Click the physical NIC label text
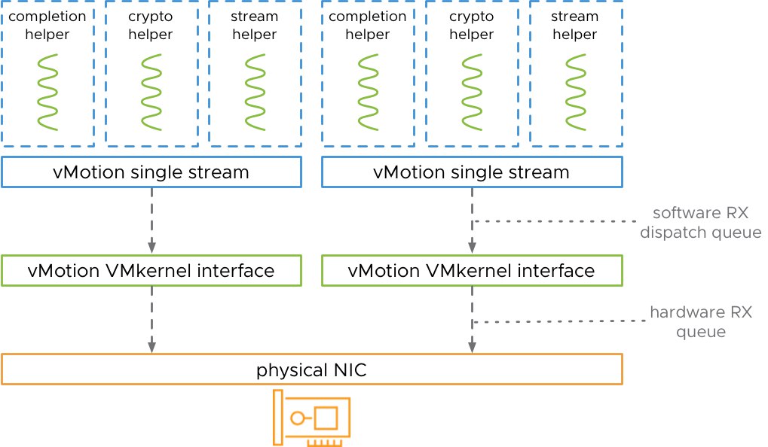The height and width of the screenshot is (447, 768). coord(311,370)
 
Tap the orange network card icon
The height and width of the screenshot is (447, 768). coord(311,418)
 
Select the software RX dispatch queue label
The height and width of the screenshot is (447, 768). coord(700,223)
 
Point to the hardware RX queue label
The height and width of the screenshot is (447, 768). coord(701,322)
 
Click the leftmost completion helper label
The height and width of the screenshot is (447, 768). coord(47,26)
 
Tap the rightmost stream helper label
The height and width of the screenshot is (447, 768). coord(575,26)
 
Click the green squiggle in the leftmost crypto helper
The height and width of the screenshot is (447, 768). coord(151,92)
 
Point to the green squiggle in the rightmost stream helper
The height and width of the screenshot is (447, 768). coord(576,92)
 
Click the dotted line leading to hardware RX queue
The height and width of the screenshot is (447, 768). coord(559,322)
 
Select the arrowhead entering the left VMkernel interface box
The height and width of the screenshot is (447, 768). coord(151,247)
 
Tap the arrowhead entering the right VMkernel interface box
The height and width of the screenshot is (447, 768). coord(472,247)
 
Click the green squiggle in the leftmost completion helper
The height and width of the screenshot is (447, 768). coord(47,92)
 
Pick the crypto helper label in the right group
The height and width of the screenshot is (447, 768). coord(472,26)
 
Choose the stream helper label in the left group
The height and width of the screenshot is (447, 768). coord(255,26)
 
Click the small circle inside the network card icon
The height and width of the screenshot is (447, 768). coord(297,418)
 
